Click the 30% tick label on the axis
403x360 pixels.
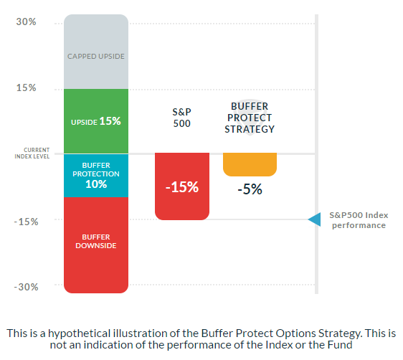click(27, 22)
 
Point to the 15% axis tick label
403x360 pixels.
click(27, 88)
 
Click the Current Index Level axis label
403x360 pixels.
click(32, 153)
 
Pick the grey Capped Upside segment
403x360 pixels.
click(95, 55)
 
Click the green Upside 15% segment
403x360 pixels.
click(95, 121)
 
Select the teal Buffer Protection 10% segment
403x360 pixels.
click(95, 176)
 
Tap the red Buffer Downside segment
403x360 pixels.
click(95, 244)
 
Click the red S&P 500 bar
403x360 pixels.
click(182, 204)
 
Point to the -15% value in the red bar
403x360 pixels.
click(182, 187)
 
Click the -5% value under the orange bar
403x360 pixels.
click(250, 190)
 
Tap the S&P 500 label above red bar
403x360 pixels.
click(182, 118)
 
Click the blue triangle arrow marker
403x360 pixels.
click(315, 219)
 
